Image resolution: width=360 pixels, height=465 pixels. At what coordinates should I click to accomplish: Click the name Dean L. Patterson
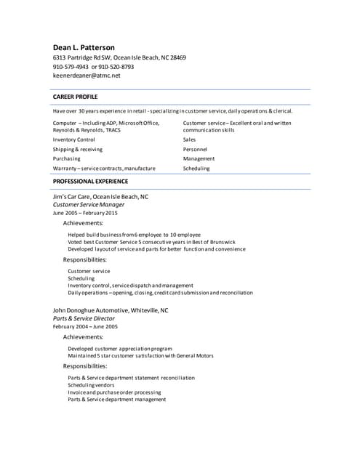[84, 47]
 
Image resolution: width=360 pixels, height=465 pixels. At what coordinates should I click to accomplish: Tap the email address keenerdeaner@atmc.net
[87, 75]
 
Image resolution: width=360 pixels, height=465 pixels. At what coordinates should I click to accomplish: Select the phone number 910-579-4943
[70, 66]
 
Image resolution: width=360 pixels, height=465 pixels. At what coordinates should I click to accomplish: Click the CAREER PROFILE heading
[75, 96]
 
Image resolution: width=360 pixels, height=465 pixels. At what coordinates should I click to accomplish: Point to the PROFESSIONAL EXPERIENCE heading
[90, 181]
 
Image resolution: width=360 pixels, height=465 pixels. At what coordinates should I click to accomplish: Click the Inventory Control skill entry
[73, 139]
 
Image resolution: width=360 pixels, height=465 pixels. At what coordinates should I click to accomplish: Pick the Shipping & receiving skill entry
[78, 149]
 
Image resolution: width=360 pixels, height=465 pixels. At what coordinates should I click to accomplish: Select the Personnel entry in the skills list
[195, 149]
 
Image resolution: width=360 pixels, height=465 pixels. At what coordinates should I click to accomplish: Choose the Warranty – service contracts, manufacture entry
[104, 168]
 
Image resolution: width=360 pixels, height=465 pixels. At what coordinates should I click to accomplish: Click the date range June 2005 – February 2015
[85, 214]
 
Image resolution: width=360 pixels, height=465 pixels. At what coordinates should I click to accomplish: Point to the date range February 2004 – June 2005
[85, 327]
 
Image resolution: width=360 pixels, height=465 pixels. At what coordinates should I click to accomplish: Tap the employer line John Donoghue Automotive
[111, 310]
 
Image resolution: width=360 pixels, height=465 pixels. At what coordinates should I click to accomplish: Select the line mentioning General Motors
[140, 356]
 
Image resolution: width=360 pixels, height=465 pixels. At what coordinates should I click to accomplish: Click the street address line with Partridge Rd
[119, 57]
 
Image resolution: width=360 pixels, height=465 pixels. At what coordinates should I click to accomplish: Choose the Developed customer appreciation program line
[120, 349]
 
